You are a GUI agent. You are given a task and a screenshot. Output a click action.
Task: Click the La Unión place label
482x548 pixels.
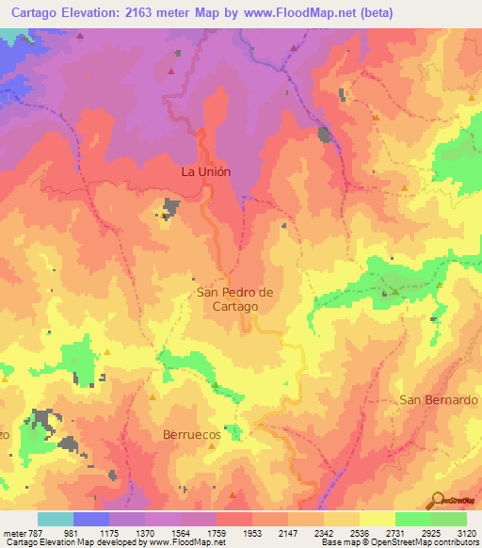205,172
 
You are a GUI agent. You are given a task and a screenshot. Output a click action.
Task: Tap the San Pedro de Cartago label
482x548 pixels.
234,299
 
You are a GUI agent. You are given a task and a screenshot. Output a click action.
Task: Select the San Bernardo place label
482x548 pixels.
439,399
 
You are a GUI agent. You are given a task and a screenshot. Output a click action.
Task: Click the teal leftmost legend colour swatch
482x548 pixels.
56,519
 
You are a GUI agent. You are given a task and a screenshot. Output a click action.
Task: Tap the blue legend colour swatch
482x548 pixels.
91,519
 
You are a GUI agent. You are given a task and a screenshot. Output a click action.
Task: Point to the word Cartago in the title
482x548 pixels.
27,12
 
